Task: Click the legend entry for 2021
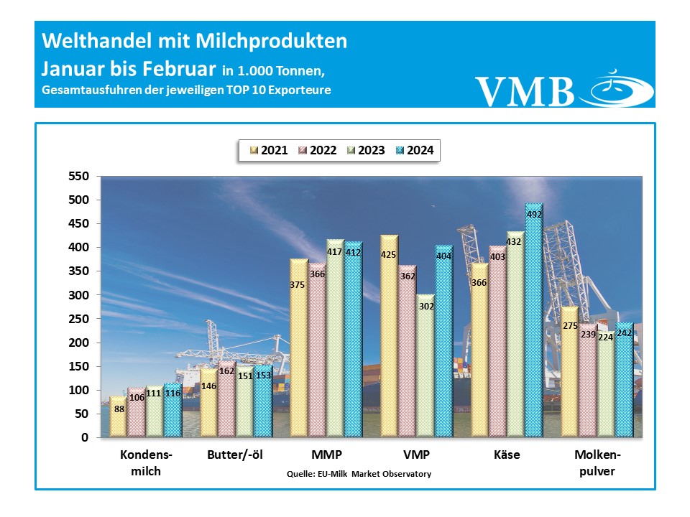(x=268, y=151)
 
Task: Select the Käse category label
(x=507, y=455)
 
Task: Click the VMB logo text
(x=525, y=90)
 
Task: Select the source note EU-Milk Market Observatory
(x=359, y=474)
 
